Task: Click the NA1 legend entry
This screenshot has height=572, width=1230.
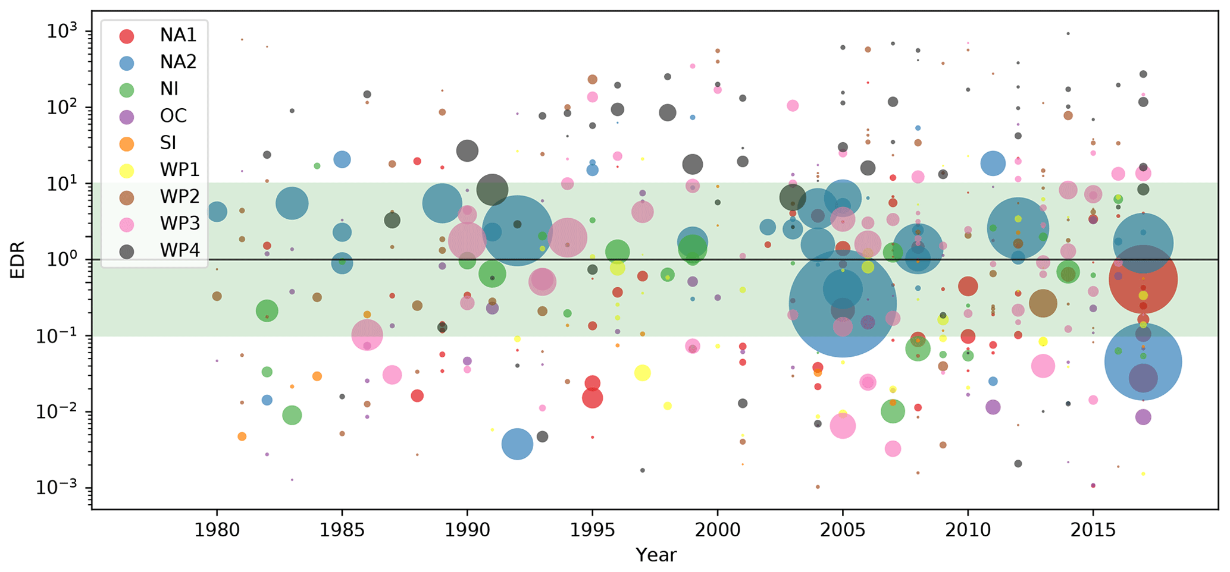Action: (177, 36)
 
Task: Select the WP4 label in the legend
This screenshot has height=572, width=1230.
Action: (179, 250)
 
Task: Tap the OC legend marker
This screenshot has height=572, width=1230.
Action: (127, 116)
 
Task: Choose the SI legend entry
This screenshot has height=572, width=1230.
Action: (169, 143)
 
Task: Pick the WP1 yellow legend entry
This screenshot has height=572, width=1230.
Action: (179, 170)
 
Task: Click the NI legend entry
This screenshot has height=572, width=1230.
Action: (169, 89)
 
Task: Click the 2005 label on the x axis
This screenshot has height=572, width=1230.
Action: (843, 530)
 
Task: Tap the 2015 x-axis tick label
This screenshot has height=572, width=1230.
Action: (1093, 530)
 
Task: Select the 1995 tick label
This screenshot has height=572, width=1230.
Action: (592, 530)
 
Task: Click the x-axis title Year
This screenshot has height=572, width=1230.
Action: (656, 555)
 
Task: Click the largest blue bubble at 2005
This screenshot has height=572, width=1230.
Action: (843, 303)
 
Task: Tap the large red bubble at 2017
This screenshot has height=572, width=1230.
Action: (1143, 279)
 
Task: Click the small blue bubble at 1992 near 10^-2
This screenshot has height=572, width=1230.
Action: (517, 444)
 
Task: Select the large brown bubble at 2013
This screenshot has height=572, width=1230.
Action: (1043, 303)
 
